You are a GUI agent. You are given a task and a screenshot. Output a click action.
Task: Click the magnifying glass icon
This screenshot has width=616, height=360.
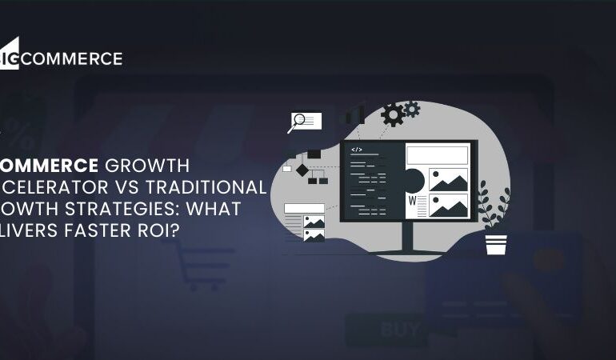[x=298, y=122]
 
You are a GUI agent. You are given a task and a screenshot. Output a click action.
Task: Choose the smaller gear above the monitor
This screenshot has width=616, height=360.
[x=412, y=108]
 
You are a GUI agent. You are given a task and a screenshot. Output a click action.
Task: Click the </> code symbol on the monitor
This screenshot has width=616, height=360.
[x=357, y=150]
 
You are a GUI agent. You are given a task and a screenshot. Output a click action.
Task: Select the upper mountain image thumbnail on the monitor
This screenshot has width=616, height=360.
[x=448, y=178]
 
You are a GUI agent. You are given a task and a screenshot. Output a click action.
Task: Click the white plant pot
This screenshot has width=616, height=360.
[x=496, y=243]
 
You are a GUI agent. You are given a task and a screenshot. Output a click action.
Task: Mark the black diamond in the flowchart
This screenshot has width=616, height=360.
[x=302, y=170]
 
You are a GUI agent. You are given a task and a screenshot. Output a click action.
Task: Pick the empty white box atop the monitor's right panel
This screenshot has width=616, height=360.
[x=437, y=154]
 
